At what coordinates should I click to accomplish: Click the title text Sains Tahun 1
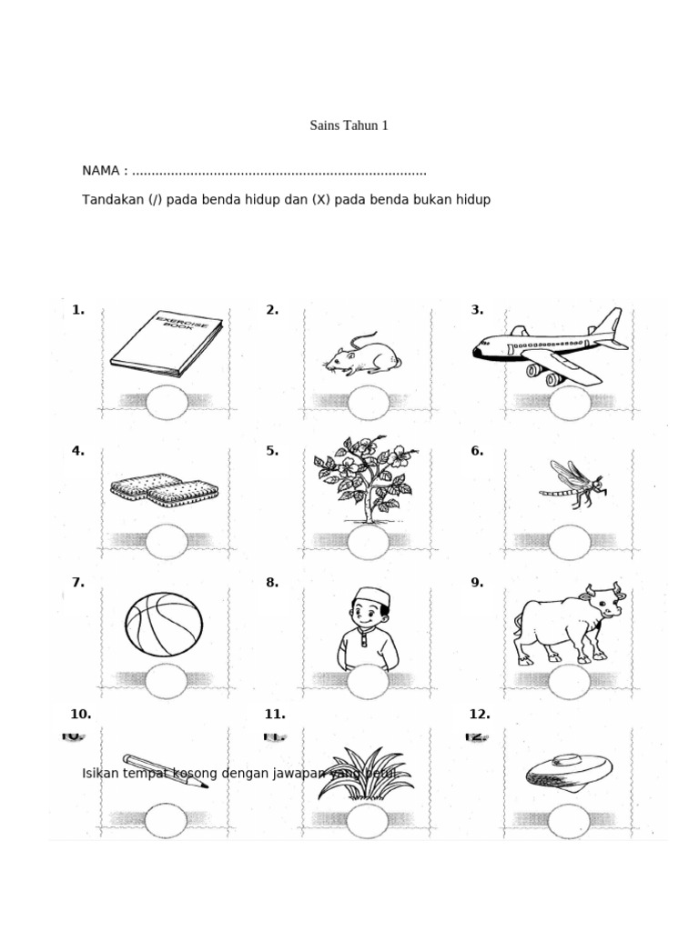(x=349, y=125)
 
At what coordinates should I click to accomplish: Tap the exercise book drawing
(x=167, y=344)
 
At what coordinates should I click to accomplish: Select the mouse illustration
(x=357, y=355)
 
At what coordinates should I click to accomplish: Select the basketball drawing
(x=164, y=624)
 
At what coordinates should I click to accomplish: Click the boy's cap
(x=369, y=596)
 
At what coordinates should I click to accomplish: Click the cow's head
(x=602, y=602)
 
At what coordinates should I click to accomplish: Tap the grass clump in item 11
(x=364, y=775)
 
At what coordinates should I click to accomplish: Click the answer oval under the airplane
(x=570, y=403)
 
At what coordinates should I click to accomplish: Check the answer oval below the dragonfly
(x=570, y=542)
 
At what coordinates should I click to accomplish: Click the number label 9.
(x=476, y=583)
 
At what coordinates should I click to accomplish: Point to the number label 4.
(x=77, y=451)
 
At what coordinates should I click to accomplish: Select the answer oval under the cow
(x=570, y=681)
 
